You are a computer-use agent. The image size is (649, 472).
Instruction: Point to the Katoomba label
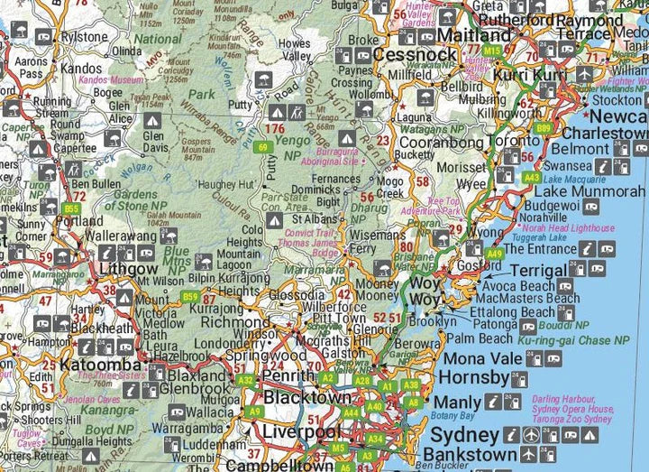(100, 366)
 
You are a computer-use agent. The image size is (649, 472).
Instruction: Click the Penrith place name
(287, 375)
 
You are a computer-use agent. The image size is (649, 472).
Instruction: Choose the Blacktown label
(307, 398)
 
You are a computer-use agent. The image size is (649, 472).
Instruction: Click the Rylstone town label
(83, 36)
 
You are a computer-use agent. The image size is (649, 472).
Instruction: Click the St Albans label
(314, 219)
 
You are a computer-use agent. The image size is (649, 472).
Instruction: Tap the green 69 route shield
(263, 147)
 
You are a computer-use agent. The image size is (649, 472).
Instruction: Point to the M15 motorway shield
(492, 51)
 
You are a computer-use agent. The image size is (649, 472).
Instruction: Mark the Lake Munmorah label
(590, 191)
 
